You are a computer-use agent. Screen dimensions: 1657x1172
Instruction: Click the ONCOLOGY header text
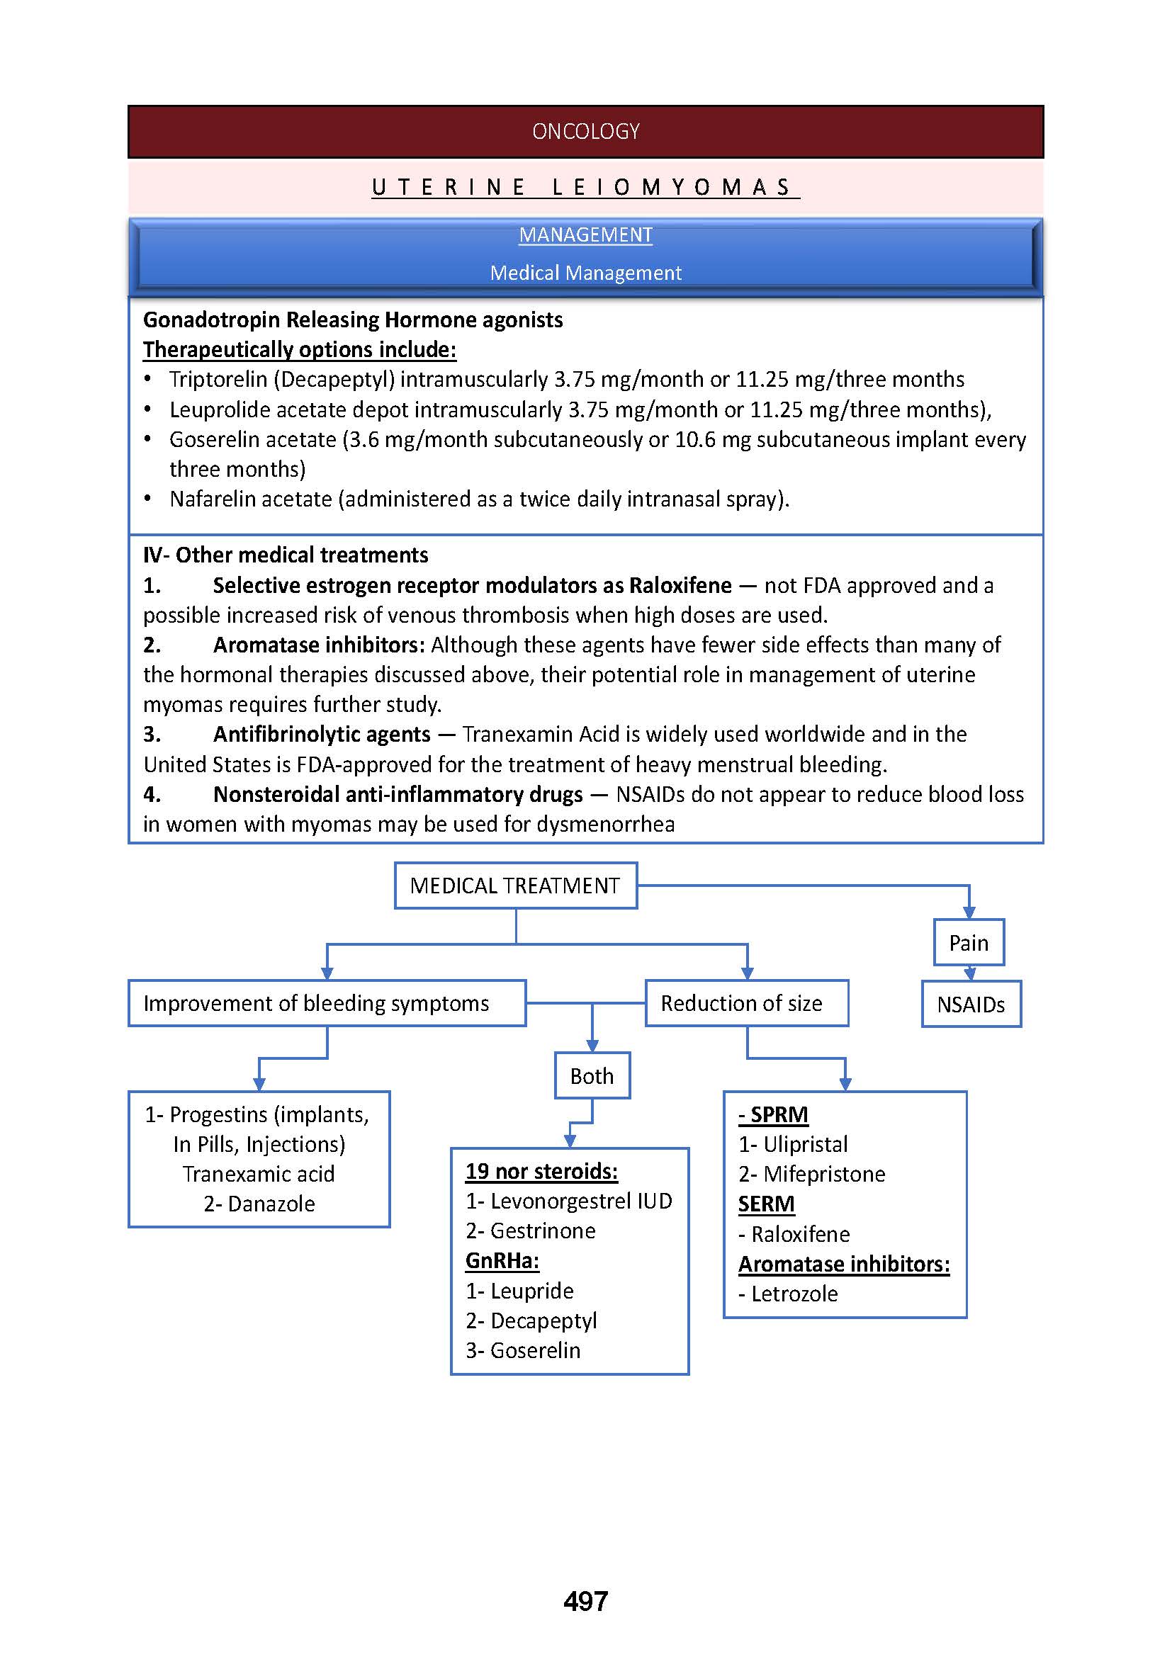(x=585, y=131)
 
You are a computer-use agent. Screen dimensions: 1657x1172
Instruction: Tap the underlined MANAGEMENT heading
(x=585, y=235)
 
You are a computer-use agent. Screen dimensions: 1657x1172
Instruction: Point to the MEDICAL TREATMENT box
(x=515, y=886)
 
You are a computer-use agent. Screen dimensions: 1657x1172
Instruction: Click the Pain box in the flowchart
(x=969, y=943)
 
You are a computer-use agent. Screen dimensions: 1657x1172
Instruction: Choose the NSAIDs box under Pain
(x=971, y=1005)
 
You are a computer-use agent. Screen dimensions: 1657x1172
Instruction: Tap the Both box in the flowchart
(x=592, y=1076)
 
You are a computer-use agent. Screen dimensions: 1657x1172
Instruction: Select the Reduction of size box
(x=746, y=1003)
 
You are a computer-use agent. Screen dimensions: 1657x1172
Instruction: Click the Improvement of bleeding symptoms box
(x=326, y=1003)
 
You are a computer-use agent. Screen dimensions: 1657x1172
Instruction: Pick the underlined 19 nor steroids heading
(x=541, y=1170)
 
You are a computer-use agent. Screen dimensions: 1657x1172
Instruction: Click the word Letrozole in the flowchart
(x=794, y=1294)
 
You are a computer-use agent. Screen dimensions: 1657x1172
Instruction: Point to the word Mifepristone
(x=823, y=1174)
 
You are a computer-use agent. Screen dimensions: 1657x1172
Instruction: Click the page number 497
(x=585, y=1602)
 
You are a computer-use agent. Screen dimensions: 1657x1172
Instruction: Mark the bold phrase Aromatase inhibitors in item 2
(x=318, y=645)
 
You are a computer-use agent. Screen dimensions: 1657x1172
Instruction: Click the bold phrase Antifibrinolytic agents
(x=321, y=735)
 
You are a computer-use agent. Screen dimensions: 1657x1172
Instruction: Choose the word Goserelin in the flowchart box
(x=535, y=1350)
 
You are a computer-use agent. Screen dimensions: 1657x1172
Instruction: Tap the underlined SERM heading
(x=766, y=1204)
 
